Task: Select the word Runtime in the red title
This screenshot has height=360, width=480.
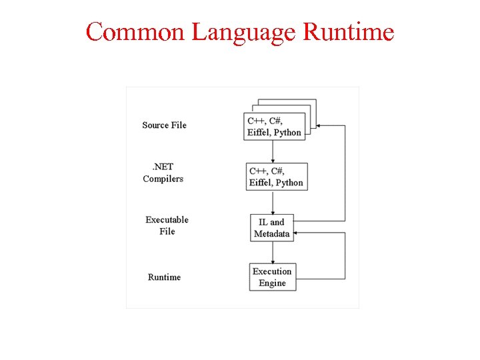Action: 348,31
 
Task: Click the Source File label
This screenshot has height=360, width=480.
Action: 164,125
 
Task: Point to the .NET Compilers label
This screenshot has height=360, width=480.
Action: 162,173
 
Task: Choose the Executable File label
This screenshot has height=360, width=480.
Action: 167,225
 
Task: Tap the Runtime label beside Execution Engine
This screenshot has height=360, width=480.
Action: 164,277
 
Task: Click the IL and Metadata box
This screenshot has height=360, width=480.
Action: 272,228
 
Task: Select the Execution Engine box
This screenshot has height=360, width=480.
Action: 272,277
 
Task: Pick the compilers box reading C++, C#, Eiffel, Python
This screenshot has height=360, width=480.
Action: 276,177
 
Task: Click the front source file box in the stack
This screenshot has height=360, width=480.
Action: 275,127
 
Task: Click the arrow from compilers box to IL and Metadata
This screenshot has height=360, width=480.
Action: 273,203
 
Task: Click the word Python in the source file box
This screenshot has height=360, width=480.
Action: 287,133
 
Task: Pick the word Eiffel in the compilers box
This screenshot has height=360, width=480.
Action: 261,183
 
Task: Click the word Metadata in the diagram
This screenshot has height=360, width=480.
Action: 272,234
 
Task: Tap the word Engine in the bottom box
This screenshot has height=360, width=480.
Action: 272,283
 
